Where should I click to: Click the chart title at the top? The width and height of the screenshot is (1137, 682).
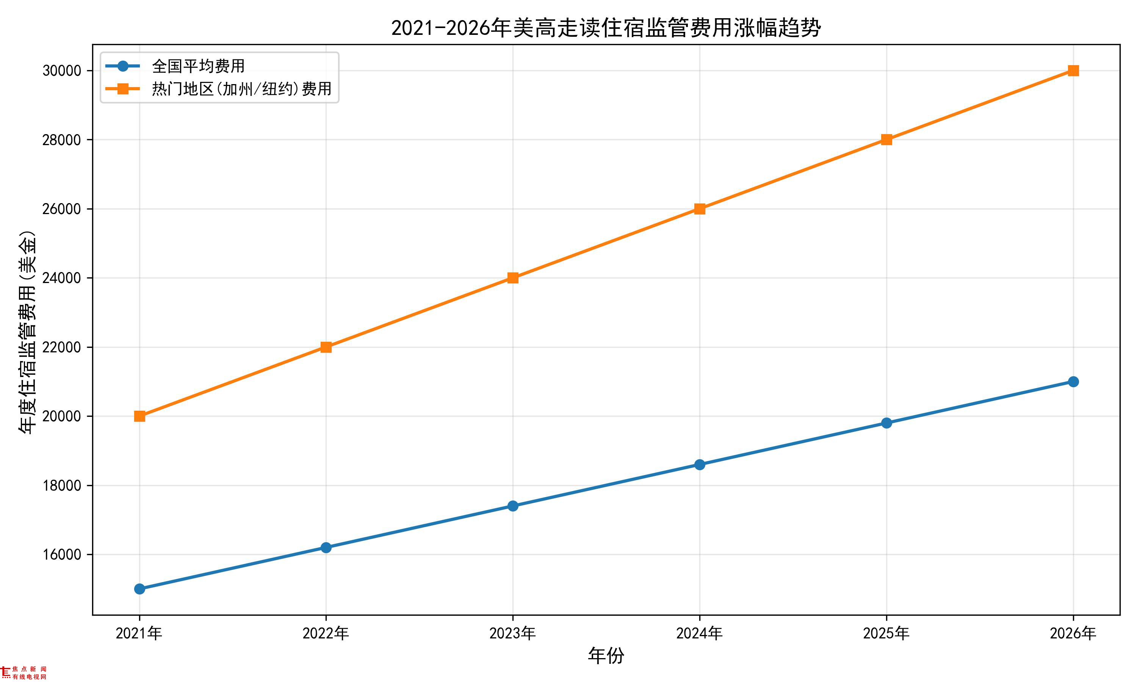tap(606, 28)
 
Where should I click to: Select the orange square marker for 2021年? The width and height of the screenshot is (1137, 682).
tap(140, 416)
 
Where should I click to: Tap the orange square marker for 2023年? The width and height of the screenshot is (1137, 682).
tap(513, 278)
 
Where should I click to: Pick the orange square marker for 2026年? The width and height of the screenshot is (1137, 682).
tap(1073, 70)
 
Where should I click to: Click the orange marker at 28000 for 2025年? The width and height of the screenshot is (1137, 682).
tap(886, 140)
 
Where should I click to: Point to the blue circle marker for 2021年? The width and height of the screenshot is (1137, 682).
tap(140, 589)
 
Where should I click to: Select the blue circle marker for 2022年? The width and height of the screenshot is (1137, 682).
tap(326, 547)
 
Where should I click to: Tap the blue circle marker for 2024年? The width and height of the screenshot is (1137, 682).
tap(700, 465)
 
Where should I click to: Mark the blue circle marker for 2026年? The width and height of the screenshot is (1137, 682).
tap(1073, 382)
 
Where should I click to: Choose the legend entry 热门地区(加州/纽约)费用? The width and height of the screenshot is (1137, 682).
tap(241, 89)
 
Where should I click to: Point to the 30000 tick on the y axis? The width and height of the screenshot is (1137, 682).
tap(61, 71)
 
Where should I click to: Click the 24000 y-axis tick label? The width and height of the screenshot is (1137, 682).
tap(61, 278)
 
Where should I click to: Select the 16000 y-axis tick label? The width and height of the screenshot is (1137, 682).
tap(61, 555)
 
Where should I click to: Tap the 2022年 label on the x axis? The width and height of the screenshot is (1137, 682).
tap(326, 633)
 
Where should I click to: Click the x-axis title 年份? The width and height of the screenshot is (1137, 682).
tap(606, 655)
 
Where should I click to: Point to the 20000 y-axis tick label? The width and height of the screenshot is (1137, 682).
tap(61, 416)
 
